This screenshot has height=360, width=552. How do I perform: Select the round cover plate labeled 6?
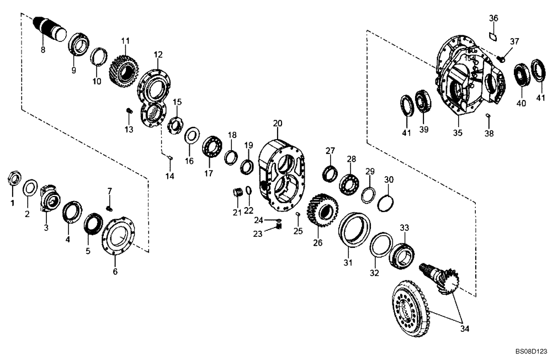pos(119,237)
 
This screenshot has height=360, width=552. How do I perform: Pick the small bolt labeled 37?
pos(502,56)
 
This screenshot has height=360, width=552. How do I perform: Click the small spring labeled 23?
pos(278,225)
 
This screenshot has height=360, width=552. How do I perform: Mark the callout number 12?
pos(158,55)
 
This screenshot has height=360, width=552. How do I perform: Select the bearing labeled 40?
pos(521,75)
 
